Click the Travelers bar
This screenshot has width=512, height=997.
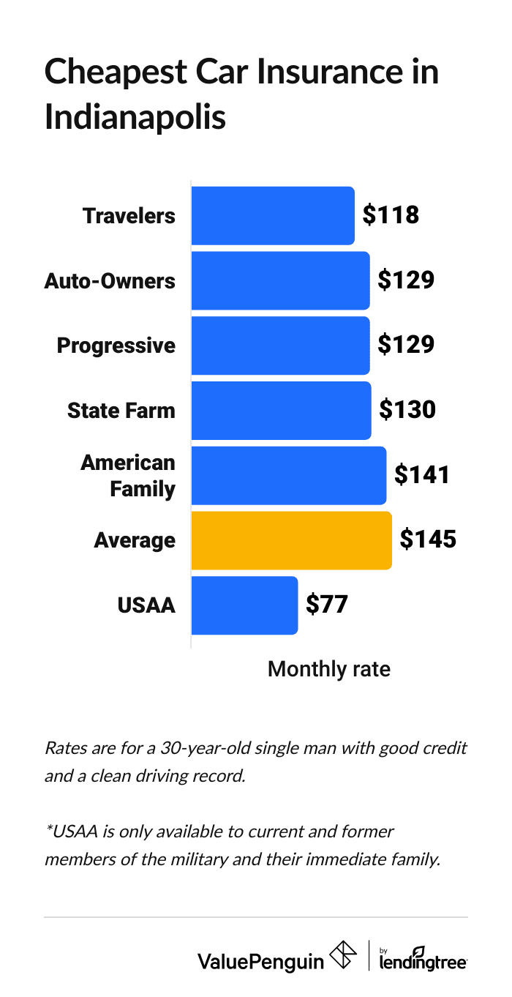tap(273, 216)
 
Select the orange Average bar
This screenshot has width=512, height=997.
tap(291, 540)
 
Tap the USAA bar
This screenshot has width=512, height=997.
tap(244, 605)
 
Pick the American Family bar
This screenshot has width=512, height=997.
tap(288, 475)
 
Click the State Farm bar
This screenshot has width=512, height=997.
tap(281, 411)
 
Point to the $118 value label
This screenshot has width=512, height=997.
tap(391, 215)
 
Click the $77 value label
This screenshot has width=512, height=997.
tap(326, 605)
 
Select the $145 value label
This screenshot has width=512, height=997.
tap(428, 540)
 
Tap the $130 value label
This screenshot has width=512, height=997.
tap(407, 410)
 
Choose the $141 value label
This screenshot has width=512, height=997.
tap(422, 475)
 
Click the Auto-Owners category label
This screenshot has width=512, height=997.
tap(110, 280)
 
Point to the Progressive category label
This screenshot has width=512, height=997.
tap(116, 346)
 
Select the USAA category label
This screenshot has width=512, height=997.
tap(146, 605)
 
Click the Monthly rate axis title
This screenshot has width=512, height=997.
tap(328, 669)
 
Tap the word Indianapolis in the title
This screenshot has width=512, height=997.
tap(135, 117)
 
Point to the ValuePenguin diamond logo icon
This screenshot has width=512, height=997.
tap(344, 955)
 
